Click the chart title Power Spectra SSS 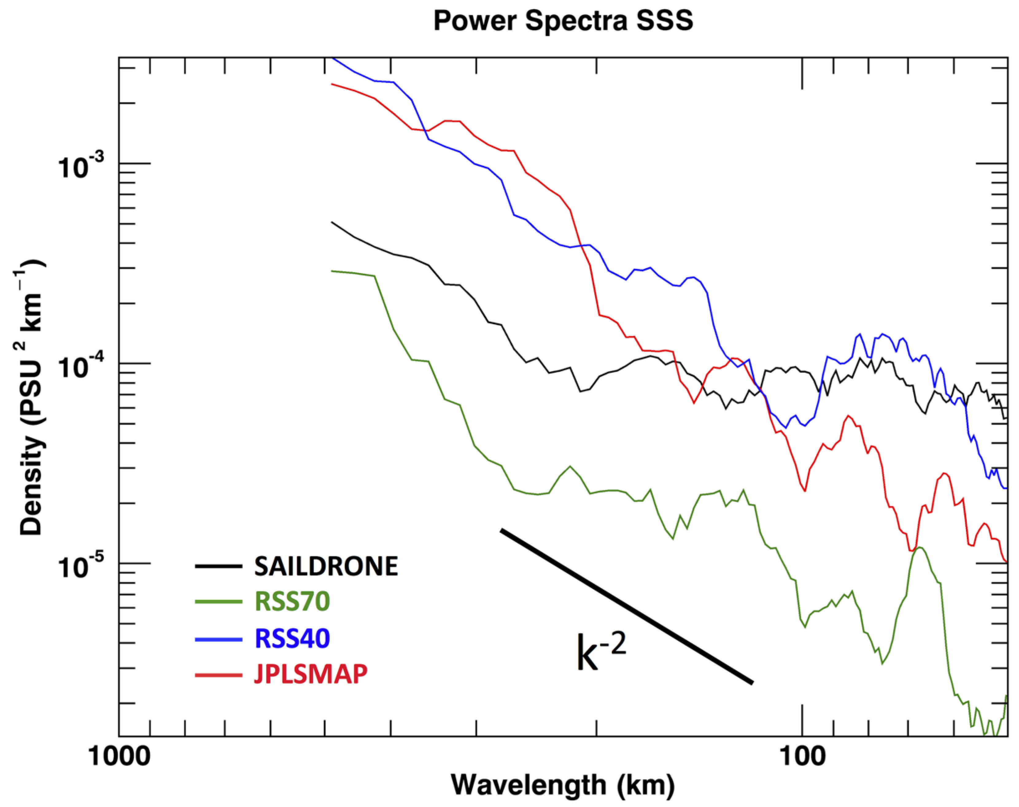[563, 21]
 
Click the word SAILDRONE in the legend [326, 566]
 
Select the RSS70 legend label [292, 602]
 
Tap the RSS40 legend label [292, 638]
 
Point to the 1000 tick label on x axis [119, 756]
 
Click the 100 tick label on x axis [802, 756]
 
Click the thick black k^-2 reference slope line [627, 606]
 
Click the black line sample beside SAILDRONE [219, 566]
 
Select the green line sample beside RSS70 [219, 602]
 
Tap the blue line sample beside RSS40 [219, 639]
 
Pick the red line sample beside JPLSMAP [219, 675]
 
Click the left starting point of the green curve [332, 271]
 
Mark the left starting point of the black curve [332, 222]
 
